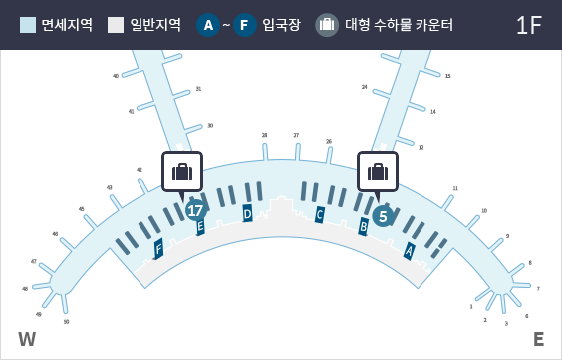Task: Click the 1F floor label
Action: [x=529, y=25]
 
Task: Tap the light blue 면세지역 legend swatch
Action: [x=28, y=25]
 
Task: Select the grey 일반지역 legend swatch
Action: [x=116, y=25]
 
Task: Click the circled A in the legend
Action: [x=208, y=25]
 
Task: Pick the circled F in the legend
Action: [x=245, y=25]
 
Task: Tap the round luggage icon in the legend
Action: [x=327, y=25]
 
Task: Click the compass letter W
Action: [x=27, y=339]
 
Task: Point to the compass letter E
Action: [x=538, y=339]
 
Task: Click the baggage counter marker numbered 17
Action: [x=196, y=210]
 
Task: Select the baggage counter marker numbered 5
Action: [x=383, y=215]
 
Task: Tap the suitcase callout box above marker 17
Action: [x=182, y=172]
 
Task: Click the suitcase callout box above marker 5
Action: [x=378, y=172]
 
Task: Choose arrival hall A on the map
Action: [x=409, y=251]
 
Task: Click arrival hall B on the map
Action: [x=364, y=227]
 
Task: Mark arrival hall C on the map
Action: [x=320, y=214]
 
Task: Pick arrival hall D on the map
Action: [x=247, y=213]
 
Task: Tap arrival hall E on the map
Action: [x=201, y=227]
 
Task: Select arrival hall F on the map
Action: [x=158, y=248]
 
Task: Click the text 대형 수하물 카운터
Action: [x=399, y=25]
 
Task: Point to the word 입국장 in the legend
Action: [x=281, y=25]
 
